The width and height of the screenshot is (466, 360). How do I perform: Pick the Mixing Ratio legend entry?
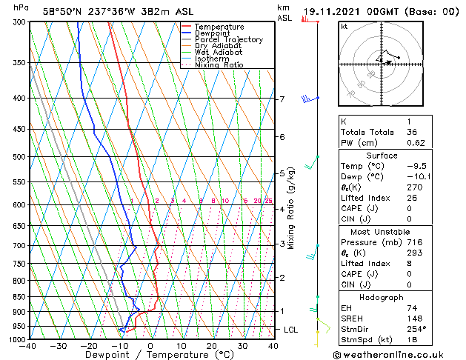(x=219, y=65)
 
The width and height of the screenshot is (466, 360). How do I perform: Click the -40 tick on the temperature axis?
(x=28, y=346)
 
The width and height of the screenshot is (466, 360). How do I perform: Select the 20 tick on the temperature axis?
(x=212, y=346)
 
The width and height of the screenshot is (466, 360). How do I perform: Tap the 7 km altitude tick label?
(x=282, y=99)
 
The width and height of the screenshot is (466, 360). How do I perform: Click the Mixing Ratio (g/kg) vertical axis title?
(x=292, y=208)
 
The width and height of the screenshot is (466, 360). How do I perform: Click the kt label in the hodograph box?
(x=344, y=26)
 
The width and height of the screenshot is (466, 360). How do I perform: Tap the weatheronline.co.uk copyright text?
(x=399, y=354)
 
